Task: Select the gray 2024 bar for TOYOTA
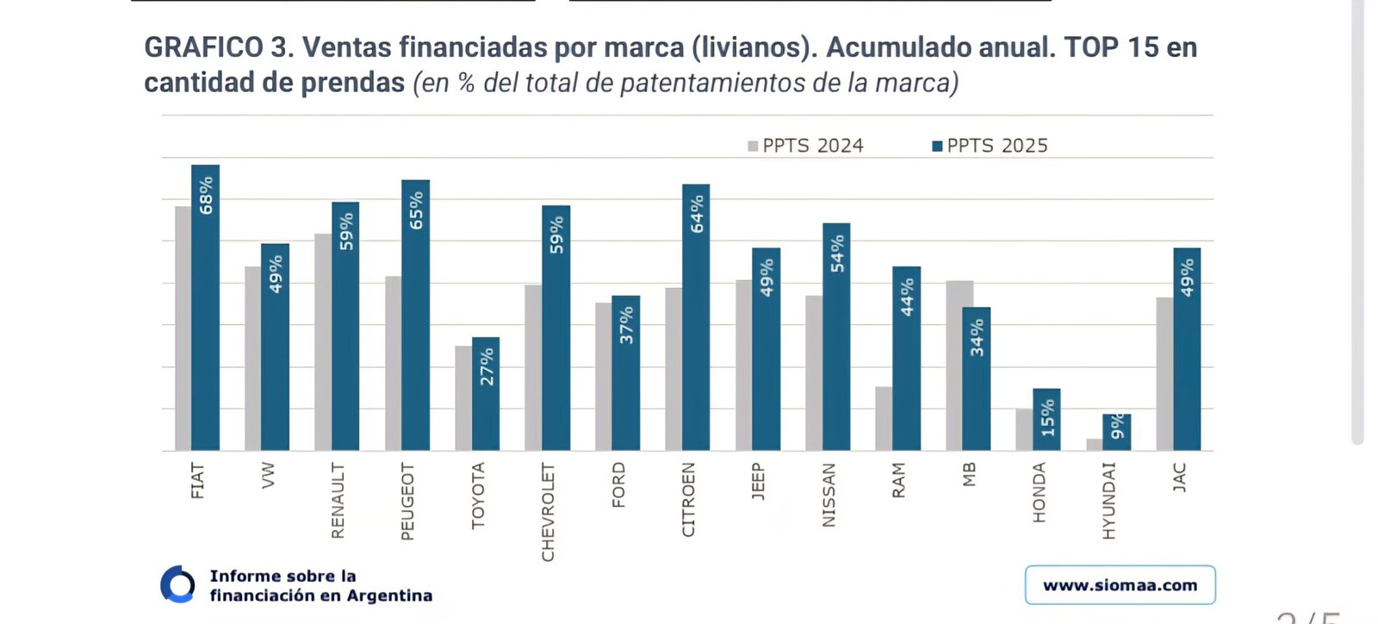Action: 463,398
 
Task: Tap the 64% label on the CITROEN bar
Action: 697,213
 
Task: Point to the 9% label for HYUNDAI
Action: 1117,426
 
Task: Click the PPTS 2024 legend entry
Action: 805,146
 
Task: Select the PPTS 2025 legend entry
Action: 990,146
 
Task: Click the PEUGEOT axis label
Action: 407,502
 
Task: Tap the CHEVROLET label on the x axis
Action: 548,512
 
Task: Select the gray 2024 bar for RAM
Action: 884,419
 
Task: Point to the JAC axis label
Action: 1179,477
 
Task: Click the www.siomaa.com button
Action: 1120,585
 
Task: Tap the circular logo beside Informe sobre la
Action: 178,585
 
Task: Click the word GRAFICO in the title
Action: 203,47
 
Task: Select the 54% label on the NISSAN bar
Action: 837,253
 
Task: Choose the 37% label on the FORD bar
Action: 626,325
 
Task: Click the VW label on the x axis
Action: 268,475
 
